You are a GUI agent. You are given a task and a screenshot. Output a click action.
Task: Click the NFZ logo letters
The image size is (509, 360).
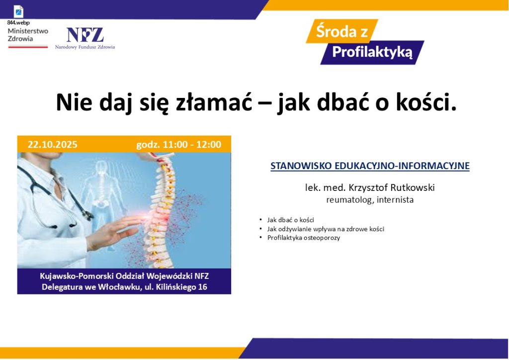[x=85, y=35]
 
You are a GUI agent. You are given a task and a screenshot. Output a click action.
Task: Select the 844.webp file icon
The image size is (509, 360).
[x=18, y=12]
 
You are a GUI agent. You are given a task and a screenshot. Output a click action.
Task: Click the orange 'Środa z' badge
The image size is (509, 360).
[x=342, y=31]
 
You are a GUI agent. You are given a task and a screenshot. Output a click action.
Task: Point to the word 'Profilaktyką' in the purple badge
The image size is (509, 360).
[x=372, y=52]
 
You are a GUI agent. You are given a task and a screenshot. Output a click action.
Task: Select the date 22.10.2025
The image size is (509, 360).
[x=53, y=145]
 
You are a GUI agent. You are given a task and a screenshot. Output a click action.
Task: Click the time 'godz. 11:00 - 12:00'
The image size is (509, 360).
[x=178, y=145]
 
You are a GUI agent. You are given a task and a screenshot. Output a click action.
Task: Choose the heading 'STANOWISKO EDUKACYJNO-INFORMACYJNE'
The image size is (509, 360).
[x=370, y=166]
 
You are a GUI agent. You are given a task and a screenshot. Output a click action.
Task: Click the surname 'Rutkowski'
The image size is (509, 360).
[x=412, y=187]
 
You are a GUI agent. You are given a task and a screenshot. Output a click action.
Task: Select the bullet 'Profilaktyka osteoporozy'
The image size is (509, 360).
[x=304, y=238]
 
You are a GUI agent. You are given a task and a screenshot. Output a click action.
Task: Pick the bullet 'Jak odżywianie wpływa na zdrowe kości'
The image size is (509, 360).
[x=326, y=229]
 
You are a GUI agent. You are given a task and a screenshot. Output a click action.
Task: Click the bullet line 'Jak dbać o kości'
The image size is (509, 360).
[x=290, y=220]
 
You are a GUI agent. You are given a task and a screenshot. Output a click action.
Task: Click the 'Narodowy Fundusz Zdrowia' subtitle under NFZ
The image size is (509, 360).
[x=85, y=47]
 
